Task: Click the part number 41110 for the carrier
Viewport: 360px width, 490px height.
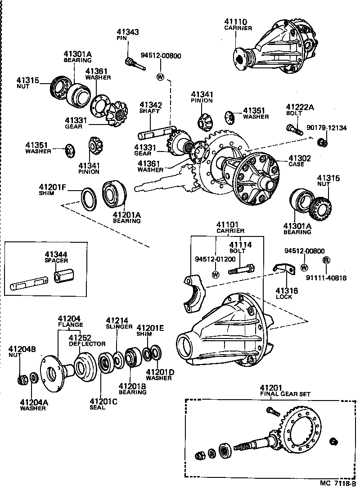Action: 235,21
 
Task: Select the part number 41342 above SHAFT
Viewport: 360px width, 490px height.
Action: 151,105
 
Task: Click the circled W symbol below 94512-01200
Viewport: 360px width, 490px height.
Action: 215,275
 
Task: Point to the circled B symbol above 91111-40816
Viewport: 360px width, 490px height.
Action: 326,260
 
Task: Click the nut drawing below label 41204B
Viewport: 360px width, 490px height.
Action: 21,380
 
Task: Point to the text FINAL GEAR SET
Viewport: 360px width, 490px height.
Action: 285,394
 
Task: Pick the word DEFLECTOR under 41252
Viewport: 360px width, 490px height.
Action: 87,344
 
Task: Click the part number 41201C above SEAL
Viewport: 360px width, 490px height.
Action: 103,401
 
